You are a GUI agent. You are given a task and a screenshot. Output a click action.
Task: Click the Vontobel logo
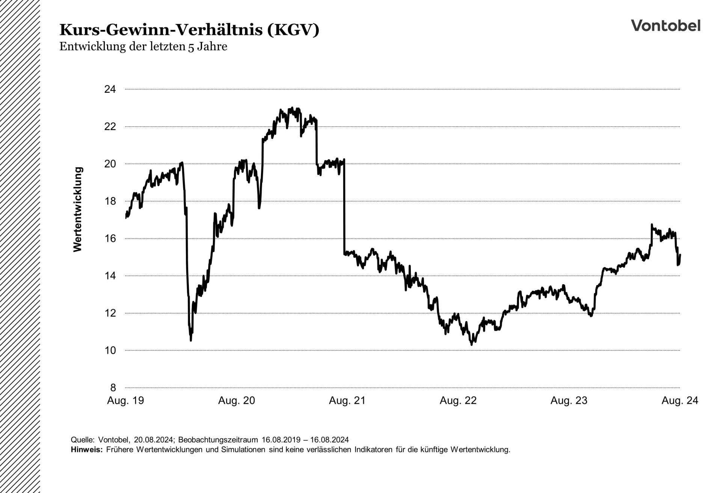coord(665,26)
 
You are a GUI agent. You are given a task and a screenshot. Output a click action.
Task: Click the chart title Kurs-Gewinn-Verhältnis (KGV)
coord(189,30)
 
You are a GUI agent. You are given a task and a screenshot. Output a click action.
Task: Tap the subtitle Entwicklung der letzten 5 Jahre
coord(143,47)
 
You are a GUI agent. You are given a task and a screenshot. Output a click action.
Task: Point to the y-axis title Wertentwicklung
coord(78,210)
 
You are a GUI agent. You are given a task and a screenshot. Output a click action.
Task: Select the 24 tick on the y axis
coord(110,89)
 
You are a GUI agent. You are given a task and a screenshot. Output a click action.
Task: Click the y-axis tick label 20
coord(110,164)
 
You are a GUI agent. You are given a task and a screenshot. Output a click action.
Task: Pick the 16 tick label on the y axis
coord(110,238)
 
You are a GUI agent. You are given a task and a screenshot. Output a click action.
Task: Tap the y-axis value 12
coord(110,313)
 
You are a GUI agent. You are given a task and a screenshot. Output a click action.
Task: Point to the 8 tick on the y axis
coord(113,387)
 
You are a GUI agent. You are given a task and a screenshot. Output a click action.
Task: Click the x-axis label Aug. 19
coord(125,401)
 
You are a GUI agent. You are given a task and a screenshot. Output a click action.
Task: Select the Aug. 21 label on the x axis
coord(347,401)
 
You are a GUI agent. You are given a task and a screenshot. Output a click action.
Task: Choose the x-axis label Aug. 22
coord(458,401)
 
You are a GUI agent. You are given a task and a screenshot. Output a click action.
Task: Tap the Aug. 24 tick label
coord(680,401)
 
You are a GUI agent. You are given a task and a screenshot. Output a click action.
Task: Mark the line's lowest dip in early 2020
coord(191,340)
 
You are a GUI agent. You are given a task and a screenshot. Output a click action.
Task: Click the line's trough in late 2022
coord(472,344)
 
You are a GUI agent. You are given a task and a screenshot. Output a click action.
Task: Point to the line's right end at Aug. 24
coord(680,255)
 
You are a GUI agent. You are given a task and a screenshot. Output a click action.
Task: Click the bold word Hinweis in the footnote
coord(86,449)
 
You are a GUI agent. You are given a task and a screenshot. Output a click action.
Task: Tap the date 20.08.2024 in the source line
coord(154,440)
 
